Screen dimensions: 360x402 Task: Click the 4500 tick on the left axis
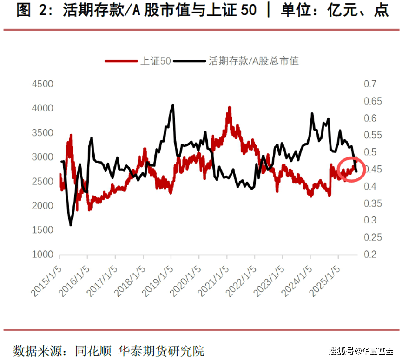click(43, 84)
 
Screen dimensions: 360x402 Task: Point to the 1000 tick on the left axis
click(43, 255)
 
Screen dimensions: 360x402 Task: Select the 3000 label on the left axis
click(43, 157)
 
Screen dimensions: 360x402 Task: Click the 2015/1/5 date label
click(46, 281)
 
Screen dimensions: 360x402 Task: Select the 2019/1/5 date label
click(158, 281)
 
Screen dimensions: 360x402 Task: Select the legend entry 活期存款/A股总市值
click(253, 61)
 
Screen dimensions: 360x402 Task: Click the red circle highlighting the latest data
click(351, 170)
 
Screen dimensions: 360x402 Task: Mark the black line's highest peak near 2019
click(173, 105)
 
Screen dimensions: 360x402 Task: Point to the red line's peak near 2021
click(229, 108)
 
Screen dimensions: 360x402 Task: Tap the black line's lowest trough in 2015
click(71, 225)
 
